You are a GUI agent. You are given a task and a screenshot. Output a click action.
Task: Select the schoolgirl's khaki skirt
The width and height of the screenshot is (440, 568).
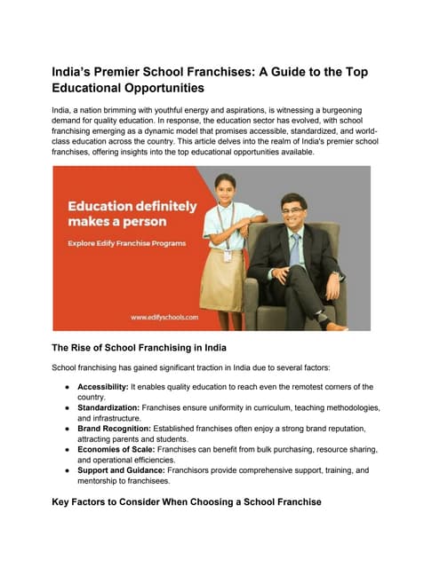(222, 280)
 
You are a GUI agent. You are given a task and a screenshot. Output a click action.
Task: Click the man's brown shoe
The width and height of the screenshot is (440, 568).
(336, 327)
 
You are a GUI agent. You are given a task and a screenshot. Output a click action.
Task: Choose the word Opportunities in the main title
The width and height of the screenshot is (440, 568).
(172, 89)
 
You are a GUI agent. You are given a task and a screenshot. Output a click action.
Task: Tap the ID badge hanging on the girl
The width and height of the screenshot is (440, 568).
(228, 256)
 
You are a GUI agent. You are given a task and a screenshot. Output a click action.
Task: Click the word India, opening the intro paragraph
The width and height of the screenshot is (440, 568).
(63, 109)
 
